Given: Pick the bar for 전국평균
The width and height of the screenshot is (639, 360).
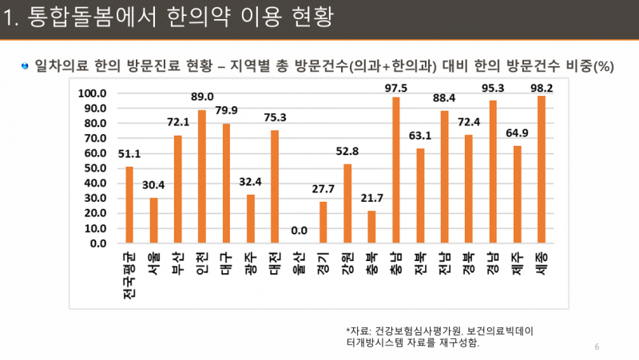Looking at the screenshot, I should pos(129,205).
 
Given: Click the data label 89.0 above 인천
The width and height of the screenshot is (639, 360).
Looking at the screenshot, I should pos(202,97).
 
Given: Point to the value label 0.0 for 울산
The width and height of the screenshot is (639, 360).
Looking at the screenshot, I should pos(299,231).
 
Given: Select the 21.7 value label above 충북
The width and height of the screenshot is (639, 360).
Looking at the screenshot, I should pos(371,197).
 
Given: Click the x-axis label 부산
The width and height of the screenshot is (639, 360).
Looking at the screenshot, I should pos(178,262).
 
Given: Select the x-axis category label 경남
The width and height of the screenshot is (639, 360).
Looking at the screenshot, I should pos(493,262).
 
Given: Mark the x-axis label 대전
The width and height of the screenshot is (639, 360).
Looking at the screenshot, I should pos(275,262).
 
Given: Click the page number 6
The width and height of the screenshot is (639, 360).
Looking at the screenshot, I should pos(597,346).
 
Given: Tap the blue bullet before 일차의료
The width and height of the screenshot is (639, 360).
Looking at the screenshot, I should pos(26,65).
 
